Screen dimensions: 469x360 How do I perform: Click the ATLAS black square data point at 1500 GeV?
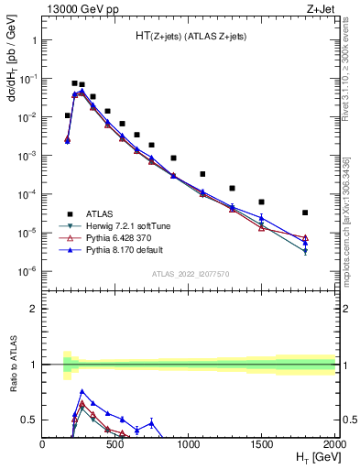261,202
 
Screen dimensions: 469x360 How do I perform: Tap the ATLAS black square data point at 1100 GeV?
202,174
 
